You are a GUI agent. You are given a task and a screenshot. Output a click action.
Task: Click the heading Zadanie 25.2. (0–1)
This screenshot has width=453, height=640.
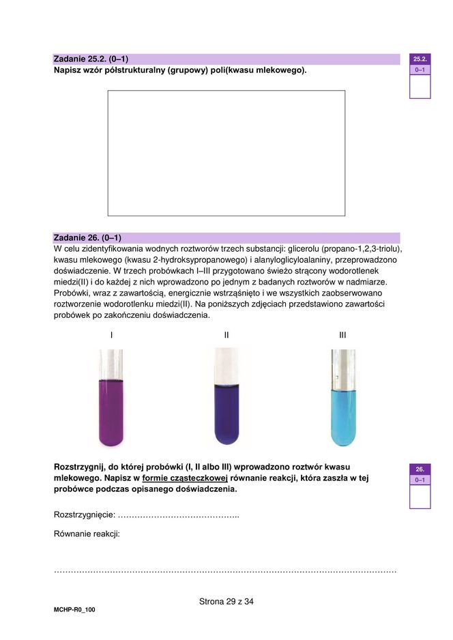pos(91,59)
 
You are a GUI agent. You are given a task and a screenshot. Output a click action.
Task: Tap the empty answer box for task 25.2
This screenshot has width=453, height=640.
pos(226,153)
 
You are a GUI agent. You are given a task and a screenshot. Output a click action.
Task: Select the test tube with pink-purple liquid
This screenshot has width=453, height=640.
pos(111,403)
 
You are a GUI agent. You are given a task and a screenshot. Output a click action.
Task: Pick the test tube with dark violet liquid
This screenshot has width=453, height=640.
pos(227,403)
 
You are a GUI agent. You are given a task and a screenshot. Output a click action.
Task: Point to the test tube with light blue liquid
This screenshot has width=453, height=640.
pos(342,403)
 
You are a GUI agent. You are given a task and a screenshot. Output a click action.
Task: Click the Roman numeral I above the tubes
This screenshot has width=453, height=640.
pos(111,335)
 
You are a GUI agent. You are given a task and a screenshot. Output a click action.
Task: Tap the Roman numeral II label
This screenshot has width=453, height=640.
pos(227,335)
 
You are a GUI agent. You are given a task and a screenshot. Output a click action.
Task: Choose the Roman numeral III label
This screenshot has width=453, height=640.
pos(342,335)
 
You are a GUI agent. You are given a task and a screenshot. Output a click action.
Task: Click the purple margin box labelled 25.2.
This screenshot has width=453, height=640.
pos(420,59)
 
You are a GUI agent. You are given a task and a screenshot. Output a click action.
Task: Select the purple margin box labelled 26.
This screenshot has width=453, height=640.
pos(420,469)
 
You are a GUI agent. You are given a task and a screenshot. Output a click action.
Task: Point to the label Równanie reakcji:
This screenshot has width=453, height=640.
pos(87,534)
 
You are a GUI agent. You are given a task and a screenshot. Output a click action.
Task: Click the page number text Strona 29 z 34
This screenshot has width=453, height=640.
pos(227,602)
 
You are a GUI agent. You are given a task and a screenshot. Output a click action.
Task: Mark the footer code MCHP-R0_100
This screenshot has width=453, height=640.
pos(74,609)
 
